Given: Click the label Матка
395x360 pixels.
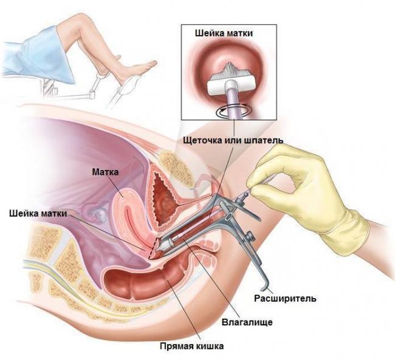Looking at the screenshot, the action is point(105,172).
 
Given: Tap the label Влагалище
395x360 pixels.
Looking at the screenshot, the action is point(247,322).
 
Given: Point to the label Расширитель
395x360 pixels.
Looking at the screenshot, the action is point(285,299).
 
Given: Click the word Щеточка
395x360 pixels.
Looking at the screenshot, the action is point(204,140).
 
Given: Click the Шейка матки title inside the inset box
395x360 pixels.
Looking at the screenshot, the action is point(224,33).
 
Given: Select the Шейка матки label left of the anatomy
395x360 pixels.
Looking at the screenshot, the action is point(38,214).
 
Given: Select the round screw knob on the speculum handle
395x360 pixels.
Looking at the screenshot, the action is point(250,236).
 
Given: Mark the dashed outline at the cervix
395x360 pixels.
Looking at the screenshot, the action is point(154,248).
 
